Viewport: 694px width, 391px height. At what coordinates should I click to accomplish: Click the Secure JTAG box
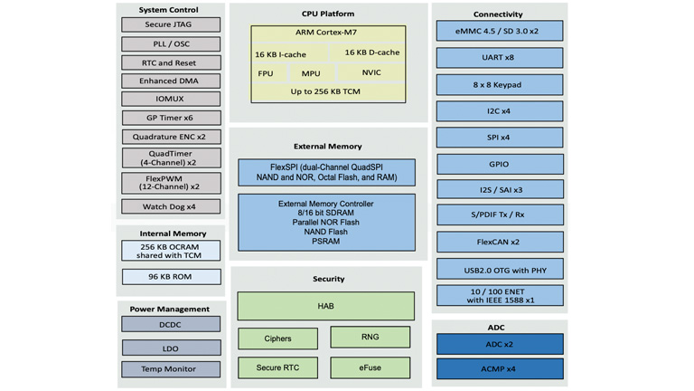pos(171,24)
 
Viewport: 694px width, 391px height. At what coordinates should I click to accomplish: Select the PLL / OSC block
pos(171,43)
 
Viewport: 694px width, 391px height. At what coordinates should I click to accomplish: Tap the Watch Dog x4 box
pos(171,206)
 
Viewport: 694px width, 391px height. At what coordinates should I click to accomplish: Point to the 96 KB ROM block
pos(171,276)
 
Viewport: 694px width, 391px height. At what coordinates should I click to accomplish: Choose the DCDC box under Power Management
pos(171,324)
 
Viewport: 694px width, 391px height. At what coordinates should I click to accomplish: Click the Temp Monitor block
pos(171,368)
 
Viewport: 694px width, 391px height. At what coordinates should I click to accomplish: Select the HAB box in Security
pos(325,306)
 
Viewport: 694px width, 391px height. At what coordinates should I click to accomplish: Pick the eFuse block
pos(370,367)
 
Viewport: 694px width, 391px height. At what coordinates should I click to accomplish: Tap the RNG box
pos(370,337)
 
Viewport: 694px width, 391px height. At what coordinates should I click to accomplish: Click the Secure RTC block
pos(277,367)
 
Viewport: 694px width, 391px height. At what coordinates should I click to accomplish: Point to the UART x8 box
pos(499,58)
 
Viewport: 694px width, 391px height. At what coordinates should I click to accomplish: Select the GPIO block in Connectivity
pos(499,165)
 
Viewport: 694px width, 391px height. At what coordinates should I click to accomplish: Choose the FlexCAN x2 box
pos(499,243)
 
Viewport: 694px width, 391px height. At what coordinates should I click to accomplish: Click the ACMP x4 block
pos(499,368)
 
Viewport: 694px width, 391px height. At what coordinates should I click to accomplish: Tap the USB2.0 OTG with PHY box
pos(499,269)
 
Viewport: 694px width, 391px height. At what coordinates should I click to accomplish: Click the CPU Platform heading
pos(327,14)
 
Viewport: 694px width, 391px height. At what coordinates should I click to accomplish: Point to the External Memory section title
pos(327,146)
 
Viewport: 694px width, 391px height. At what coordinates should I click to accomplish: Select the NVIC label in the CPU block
pos(371,73)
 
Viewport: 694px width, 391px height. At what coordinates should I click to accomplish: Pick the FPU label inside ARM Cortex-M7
pos(265,73)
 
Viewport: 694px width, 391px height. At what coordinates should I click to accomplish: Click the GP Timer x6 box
pos(171,118)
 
